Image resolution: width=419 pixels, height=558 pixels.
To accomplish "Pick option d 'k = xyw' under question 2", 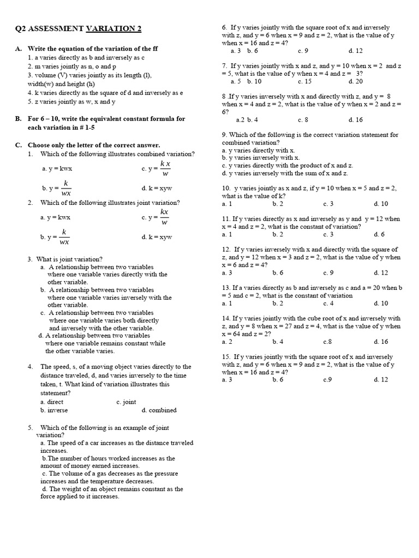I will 157,237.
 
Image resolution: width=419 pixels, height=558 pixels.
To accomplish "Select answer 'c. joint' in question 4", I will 126,402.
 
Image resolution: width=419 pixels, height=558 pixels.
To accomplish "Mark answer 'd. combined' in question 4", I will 159,410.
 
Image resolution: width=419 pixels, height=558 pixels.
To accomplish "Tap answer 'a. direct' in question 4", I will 52,402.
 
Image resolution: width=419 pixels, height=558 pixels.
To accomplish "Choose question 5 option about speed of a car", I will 116,447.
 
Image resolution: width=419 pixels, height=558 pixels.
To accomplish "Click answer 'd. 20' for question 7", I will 355,81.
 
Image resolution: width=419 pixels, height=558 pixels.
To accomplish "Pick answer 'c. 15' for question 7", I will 305,81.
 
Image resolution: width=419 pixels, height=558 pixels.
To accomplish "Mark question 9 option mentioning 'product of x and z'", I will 288,165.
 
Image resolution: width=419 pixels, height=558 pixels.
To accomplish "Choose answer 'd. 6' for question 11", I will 379,234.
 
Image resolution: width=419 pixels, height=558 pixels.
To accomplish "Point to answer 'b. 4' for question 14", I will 278,342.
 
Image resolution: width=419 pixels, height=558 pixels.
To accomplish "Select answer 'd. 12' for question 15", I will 381,380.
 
